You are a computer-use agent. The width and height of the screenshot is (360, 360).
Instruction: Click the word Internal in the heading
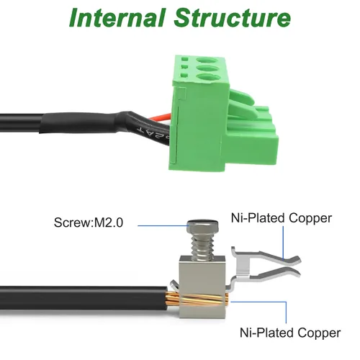tap(117, 18)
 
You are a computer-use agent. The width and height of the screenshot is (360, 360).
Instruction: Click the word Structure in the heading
tap(233, 18)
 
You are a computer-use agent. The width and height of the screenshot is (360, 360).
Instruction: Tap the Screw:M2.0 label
tap(89, 222)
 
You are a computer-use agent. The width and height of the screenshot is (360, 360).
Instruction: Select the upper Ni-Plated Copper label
tap(282, 218)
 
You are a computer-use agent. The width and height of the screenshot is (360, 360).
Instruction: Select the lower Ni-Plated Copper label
tap(290, 333)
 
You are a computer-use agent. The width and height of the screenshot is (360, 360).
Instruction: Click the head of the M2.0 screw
tap(202, 226)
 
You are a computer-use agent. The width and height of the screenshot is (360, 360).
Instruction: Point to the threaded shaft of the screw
tap(202, 246)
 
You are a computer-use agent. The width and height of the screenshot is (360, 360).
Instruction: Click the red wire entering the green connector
tap(161, 117)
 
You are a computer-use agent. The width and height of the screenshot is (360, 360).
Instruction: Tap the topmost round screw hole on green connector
tap(207, 61)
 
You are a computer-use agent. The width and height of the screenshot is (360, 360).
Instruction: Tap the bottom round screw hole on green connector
tap(208, 78)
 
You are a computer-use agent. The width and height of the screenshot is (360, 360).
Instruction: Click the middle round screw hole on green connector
tap(208, 69)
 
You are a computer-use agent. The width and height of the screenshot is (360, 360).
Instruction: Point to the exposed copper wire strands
tap(197, 298)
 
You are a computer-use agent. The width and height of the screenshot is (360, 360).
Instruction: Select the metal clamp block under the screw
tap(202, 287)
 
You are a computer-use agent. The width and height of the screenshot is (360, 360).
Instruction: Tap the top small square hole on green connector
tap(184, 58)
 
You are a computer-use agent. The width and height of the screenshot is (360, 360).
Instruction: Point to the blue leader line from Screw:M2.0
tap(163, 225)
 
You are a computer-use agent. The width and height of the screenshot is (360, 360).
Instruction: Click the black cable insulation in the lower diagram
tap(83, 298)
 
